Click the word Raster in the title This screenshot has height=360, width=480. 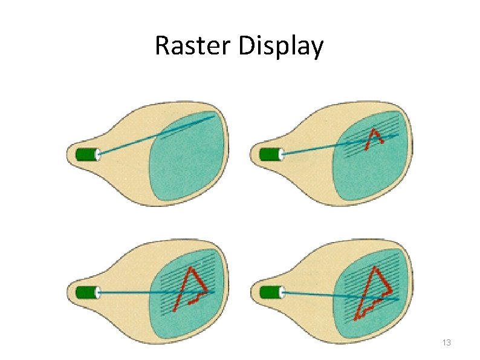(x=193, y=46)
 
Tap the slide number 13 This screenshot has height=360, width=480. (x=447, y=343)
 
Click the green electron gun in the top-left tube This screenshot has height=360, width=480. (x=86, y=155)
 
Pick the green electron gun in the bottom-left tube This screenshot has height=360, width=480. (x=86, y=293)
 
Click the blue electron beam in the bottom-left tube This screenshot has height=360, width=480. (x=139, y=293)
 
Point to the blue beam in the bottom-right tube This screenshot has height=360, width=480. (x=326, y=295)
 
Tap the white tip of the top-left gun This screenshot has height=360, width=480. (x=99, y=155)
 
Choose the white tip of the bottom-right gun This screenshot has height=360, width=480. (x=282, y=293)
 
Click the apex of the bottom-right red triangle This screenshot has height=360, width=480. (x=374, y=267)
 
